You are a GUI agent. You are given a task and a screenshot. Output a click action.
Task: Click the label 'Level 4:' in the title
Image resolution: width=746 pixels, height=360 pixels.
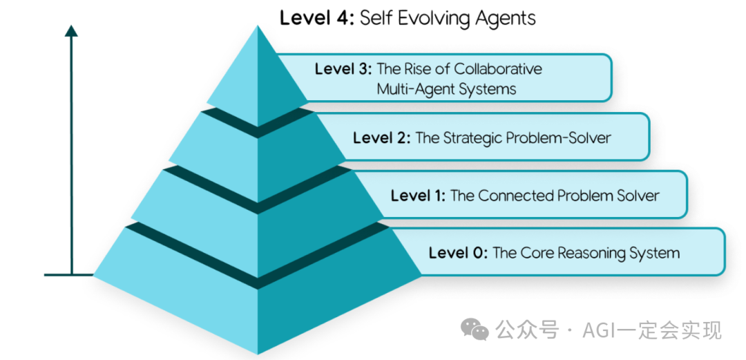coord(317,17)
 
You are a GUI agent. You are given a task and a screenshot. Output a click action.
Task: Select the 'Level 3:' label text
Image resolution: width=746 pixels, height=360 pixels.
coord(343,69)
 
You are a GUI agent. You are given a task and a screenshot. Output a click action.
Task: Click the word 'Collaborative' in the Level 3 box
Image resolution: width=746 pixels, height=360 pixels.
coord(498,69)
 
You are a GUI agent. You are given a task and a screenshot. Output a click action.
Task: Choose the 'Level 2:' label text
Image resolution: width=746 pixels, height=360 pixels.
coord(381,138)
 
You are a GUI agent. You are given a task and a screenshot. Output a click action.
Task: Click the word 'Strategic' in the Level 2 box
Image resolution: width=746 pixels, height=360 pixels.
coord(458,138)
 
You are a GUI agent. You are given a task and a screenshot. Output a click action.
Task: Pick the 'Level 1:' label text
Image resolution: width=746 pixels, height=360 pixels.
coord(419,196)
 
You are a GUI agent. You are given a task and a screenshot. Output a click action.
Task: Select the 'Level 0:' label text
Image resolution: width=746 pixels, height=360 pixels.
coord(458,253)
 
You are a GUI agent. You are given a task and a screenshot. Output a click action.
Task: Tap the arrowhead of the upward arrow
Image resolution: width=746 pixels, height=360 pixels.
coord(71,30)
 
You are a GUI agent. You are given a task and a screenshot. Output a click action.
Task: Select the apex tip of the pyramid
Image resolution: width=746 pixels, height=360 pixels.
coord(258,26)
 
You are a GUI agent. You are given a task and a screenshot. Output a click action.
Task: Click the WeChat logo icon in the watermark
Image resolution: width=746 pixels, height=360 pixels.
coord(475,330)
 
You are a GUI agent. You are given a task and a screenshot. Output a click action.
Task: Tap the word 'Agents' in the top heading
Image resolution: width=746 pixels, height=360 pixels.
coord(506,18)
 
